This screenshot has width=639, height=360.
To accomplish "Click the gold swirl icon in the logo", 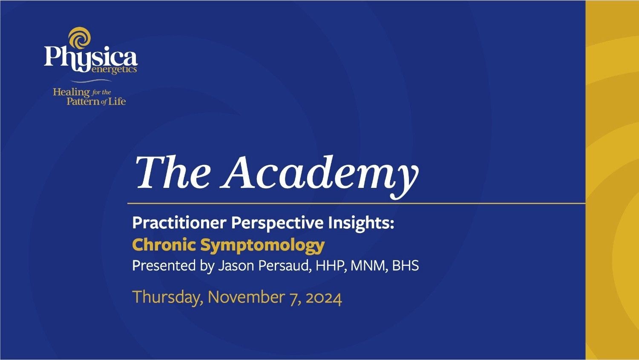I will coord(80,37).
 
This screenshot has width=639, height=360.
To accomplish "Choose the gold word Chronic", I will coord(164,245).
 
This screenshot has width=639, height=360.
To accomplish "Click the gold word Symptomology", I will coord(262,245).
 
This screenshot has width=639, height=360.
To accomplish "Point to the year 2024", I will coord(324,297).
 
